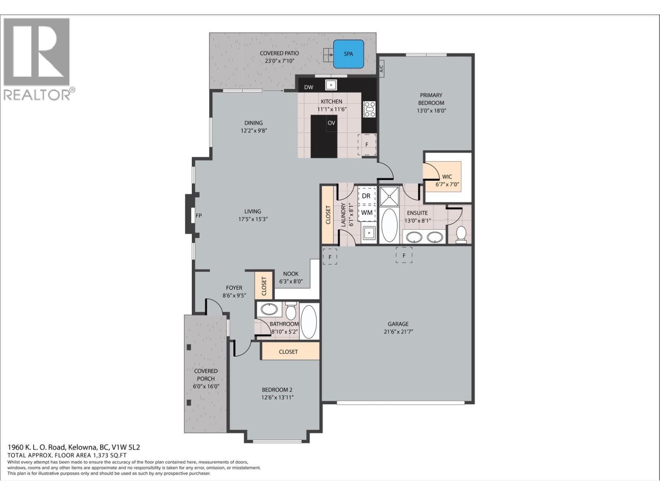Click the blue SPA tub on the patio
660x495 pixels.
pyautogui.click(x=349, y=54)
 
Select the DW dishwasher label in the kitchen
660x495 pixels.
pyautogui.click(x=309, y=87)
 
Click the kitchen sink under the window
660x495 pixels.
pyautogui.click(x=331, y=85)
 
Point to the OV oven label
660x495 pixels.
pyautogui.click(x=331, y=123)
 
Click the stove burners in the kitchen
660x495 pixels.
pyautogui.click(x=369, y=109)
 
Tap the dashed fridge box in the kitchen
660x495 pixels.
pyautogui.click(x=367, y=145)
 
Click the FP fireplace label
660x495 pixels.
pyautogui.click(x=199, y=215)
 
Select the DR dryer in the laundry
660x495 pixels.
pyautogui.click(x=366, y=196)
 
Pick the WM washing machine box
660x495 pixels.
pyautogui.click(x=367, y=213)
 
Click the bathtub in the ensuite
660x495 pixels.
pyautogui.click(x=389, y=225)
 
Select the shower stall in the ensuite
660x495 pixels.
pyautogui.click(x=389, y=196)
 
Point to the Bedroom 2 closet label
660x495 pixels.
pyautogui.click(x=288, y=351)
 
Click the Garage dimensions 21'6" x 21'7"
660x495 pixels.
pyautogui.click(x=398, y=331)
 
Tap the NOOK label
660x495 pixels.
pyautogui.click(x=291, y=273)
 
